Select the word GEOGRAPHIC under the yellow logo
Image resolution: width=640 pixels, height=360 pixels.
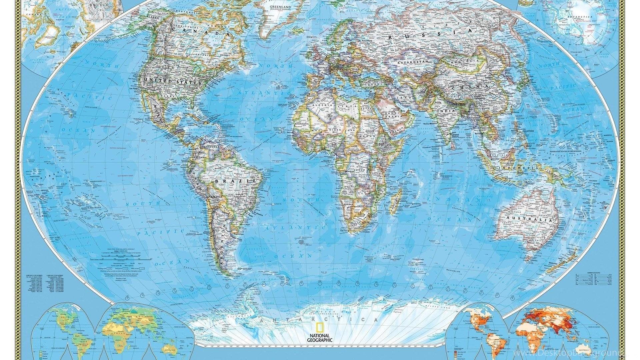coord(320,340)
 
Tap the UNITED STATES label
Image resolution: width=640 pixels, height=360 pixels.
coord(172,81)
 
